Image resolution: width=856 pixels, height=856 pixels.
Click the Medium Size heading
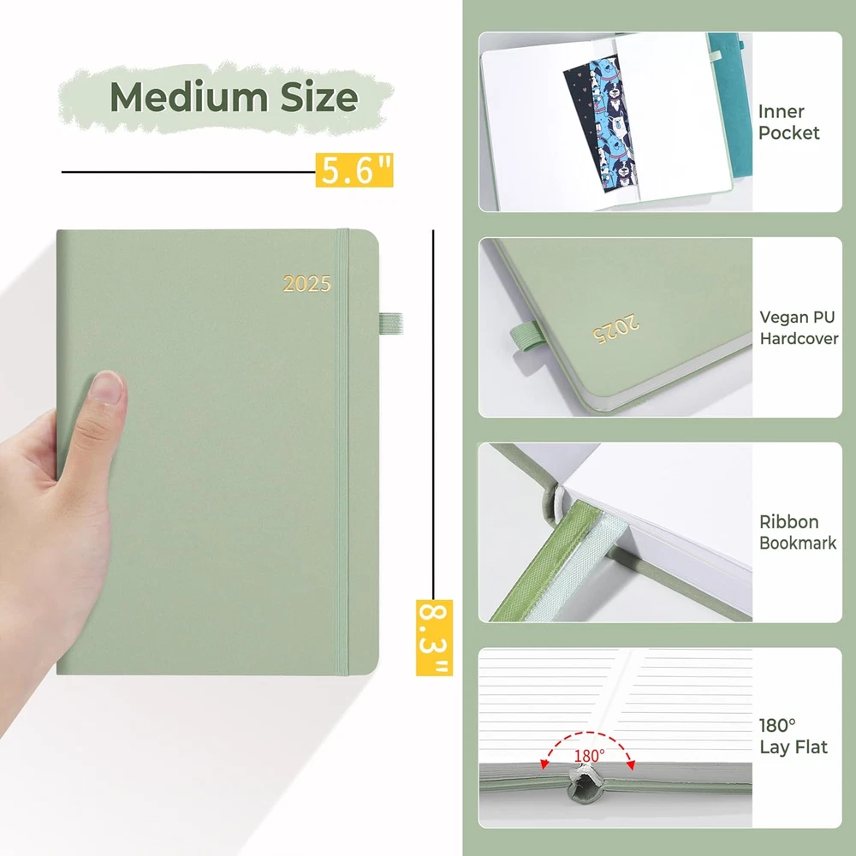click(234, 98)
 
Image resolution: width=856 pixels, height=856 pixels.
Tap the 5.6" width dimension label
click(354, 170)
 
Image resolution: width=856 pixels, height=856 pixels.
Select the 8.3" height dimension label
click(434, 637)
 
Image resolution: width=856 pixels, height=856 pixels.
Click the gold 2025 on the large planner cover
click(306, 283)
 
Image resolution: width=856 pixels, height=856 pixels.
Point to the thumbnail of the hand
click(107, 387)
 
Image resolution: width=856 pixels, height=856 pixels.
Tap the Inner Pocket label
click(788, 122)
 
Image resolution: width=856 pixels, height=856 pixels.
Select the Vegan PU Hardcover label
click(798, 328)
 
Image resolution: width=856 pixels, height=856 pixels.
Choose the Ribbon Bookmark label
click(798, 532)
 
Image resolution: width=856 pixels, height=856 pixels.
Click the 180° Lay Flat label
click(794, 736)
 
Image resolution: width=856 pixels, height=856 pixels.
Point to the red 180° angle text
click(589, 756)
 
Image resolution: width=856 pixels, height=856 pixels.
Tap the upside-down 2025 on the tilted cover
click(615, 329)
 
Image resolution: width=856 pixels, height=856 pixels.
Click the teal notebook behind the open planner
click(732, 104)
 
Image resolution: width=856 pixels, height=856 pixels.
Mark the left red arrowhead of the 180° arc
click(544, 764)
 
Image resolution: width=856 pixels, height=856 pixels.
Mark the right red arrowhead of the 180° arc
click(631, 764)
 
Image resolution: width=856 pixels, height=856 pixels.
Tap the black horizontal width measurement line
click(188, 171)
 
